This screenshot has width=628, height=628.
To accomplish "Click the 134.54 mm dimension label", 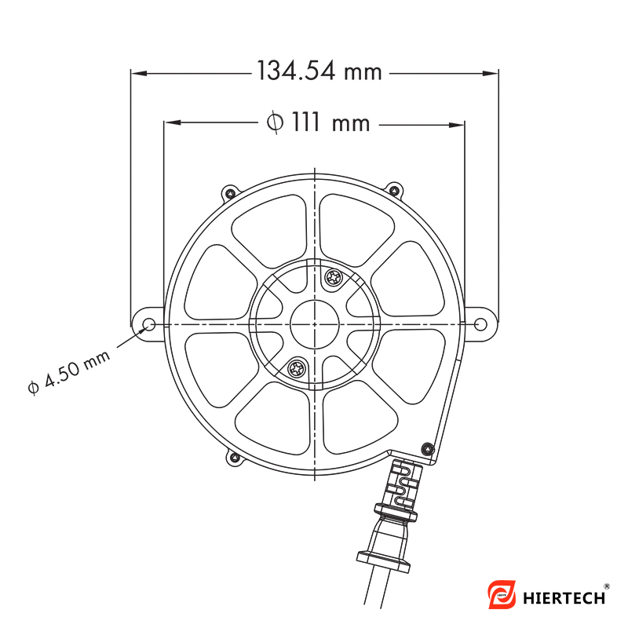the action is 319,71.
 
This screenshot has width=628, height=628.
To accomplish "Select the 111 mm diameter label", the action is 319,122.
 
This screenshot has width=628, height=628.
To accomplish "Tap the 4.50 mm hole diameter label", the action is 69,372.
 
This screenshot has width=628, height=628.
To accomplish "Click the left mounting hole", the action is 149,324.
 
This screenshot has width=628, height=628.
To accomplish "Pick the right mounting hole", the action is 480,324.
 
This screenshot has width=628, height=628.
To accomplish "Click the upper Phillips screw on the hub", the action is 333,277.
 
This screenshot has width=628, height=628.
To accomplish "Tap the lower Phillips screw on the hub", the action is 298,368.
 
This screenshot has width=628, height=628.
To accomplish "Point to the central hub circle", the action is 315,324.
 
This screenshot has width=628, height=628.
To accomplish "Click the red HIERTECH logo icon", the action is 502,594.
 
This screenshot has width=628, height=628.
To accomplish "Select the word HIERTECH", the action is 564,598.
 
